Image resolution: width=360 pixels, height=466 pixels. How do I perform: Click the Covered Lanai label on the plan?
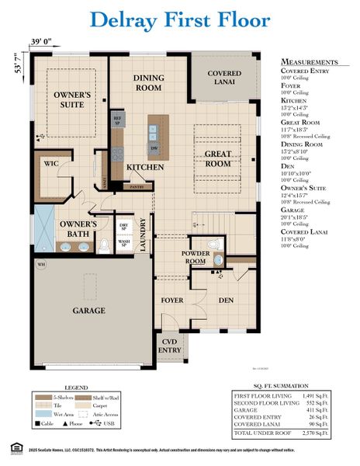click(224, 78)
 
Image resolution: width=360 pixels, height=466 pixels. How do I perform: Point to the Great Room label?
click(218, 158)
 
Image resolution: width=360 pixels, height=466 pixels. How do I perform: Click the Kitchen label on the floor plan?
click(144, 167)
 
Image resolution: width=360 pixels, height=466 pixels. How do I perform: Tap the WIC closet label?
click(52, 164)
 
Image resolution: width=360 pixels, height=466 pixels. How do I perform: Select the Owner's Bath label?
click(78, 229)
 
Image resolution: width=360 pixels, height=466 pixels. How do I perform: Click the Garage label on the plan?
click(88, 309)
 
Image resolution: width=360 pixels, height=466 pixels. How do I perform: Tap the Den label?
click(226, 299)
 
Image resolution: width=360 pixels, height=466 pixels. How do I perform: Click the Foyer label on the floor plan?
click(172, 299)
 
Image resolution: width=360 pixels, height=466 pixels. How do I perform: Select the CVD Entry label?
click(170, 345)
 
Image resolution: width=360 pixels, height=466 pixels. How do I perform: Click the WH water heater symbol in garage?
click(40, 264)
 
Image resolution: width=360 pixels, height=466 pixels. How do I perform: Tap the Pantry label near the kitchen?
click(137, 186)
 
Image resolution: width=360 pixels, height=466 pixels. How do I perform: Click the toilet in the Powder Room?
click(219, 260)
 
